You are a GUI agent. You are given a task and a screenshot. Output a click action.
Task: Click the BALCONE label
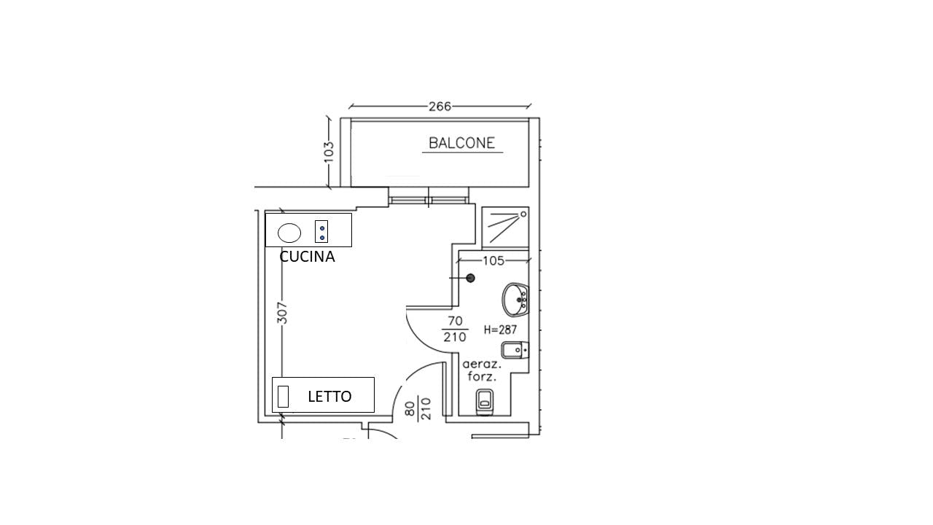(x=461, y=144)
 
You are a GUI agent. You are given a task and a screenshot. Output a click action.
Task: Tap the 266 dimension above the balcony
(x=440, y=106)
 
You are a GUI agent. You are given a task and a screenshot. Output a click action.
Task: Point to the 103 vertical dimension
(x=329, y=152)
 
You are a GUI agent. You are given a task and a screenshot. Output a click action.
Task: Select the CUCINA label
(x=307, y=257)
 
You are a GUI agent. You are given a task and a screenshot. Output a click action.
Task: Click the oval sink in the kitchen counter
(x=289, y=233)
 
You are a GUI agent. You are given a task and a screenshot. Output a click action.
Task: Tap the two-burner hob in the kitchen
(x=321, y=231)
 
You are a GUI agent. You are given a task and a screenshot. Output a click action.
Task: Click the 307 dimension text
(x=282, y=313)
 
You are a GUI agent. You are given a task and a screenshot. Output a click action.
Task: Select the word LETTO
(x=329, y=397)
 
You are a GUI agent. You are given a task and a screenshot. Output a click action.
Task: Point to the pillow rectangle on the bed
(x=283, y=396)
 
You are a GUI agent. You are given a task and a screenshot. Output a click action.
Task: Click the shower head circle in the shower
(x=523, y=214)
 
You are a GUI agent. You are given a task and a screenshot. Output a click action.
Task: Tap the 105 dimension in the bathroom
(x=493, y=261)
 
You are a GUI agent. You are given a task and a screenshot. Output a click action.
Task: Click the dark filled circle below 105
(x=471, y=278)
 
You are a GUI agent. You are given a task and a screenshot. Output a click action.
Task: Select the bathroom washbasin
(x=515, y=299)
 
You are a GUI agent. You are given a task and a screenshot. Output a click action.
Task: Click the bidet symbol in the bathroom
(x=515, y=350)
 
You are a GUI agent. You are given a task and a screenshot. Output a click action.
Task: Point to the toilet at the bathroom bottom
(x=484, y=402)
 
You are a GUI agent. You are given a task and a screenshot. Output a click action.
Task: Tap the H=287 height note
(x=500, y=330)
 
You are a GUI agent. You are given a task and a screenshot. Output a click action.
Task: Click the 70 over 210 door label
(x=455, y=329)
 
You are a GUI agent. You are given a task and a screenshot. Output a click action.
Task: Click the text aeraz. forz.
(x=482, y=371)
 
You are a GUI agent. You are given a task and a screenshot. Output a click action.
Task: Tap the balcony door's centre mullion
(x=429, y=197)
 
